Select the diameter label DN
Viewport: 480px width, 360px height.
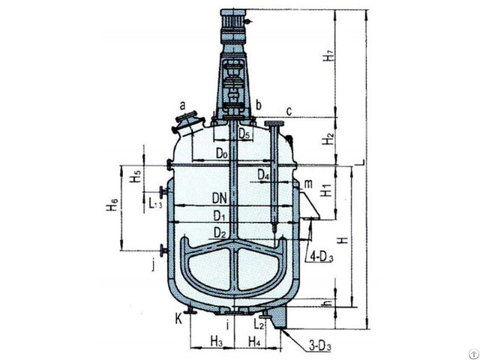click(x=219, y=200)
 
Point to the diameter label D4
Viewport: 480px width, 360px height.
click(x=262, y=175)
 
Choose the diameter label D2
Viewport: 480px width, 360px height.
click(x=219, y=233)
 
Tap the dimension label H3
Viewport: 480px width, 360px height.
click(x=216, y=342)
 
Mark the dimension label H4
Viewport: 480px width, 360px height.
click(x=254, y=342)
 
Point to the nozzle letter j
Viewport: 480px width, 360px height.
click(x=153, y=263)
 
